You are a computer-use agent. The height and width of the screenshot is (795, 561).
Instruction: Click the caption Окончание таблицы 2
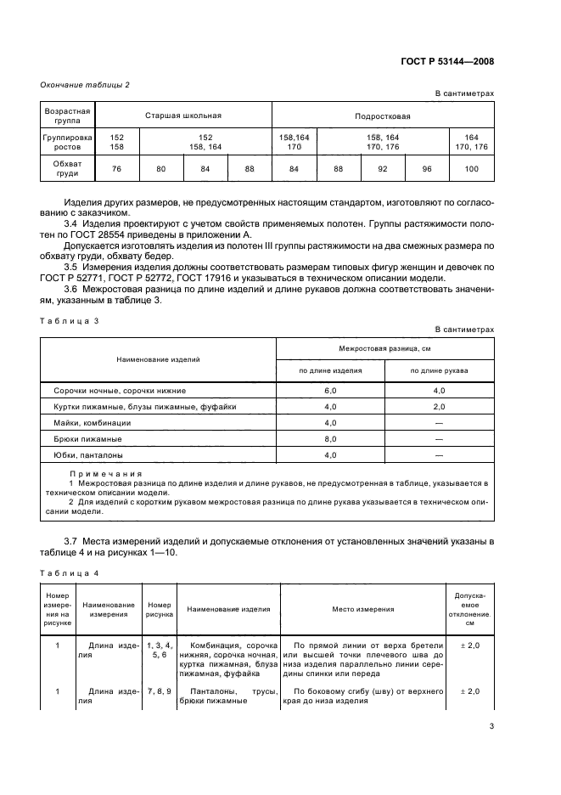tap(85, 83)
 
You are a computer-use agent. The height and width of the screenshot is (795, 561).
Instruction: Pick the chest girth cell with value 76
tap(115, 169)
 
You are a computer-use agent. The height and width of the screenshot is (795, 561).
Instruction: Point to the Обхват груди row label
tap(67, 169)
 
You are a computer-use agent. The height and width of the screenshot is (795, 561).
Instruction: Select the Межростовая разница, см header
tap(385, 347)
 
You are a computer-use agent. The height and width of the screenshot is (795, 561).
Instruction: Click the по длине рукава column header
tap(440, 371)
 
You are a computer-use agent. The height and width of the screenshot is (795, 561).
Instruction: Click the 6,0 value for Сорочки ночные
tap(330, 391)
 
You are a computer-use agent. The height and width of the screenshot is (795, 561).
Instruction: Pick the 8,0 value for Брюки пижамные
tap(330, 439)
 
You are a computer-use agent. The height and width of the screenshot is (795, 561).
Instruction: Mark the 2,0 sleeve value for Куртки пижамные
tap(440, 407)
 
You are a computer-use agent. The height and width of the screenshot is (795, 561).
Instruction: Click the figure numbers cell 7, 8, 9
tap(159, 691)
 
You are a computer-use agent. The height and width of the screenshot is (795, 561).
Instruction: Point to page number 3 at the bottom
tap(491, 727)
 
